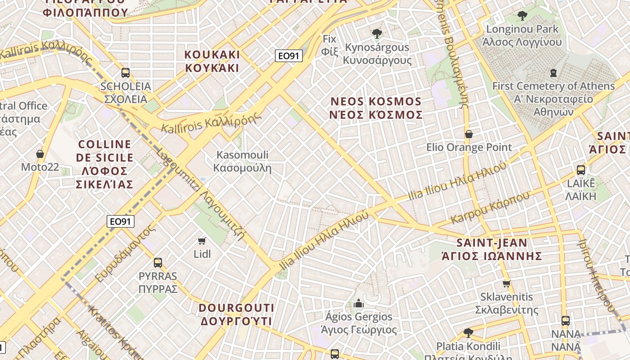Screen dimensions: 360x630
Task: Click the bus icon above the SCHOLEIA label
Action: pos(126,72)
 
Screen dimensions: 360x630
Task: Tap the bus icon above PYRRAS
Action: pos(157,262)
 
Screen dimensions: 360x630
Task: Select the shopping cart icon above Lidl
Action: pos(202,241)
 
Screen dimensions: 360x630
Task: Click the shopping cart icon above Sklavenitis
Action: pos(507,283)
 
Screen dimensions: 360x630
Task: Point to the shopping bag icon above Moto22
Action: pos(40,154)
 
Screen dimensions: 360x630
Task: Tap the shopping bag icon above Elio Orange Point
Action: pos(469,134)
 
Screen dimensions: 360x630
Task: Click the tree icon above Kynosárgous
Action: pos(377,33)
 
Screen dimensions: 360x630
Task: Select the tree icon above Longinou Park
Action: pos(522,16)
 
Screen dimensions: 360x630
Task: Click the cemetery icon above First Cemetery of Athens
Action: pos(553,72)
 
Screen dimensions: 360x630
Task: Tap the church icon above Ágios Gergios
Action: pos(359,303)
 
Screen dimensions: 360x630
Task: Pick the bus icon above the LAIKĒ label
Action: pos(581,170)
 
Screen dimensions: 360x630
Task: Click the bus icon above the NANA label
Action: pos(566,321)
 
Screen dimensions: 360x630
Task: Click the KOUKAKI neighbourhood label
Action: pos(212,61)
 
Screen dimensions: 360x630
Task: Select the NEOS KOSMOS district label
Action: pos(376,108)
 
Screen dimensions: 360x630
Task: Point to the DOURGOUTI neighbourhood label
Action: pos(236,315)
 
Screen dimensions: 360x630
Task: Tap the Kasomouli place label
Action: pos(243,162)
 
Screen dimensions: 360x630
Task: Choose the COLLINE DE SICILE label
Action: pos(105,164)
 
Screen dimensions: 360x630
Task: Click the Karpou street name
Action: pos(490,208)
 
